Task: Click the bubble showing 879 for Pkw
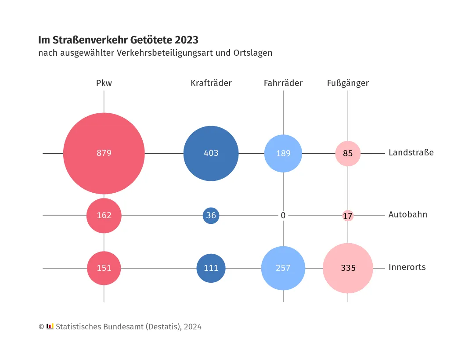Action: [104, 153]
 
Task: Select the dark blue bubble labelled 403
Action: [211, 153]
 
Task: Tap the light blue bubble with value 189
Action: [283, 153]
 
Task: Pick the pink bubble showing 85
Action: [348, 154]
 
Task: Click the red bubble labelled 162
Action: [104, 216]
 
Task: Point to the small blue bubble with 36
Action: [211, 216]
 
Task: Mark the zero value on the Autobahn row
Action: [283, 216]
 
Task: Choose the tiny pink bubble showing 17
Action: [348, 216]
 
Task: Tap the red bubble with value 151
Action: [104, 268]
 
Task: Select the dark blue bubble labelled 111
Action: [211, 268]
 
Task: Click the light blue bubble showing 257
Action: [283, 268]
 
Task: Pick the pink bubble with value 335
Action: [348, 268]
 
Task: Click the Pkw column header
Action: [104, 83]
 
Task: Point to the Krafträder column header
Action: [211, 83]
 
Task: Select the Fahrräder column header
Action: [283, 83]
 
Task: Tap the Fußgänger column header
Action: [348, 83]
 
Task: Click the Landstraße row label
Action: [411, 153]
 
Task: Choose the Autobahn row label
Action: [407, 215]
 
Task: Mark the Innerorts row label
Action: [407, 267]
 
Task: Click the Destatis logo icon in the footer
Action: [50, 326]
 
